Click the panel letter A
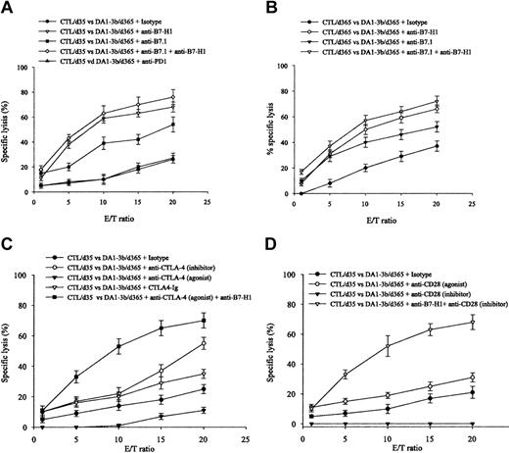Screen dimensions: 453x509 (x=8, y=8)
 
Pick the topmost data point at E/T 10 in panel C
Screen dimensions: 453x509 (x=118, y=346)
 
